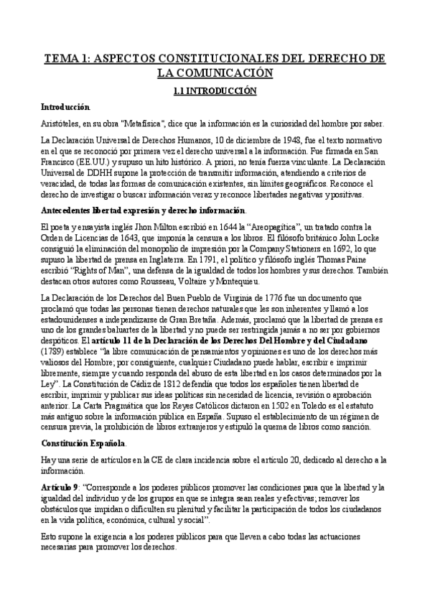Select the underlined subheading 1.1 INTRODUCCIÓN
215,92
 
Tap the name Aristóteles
61,123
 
